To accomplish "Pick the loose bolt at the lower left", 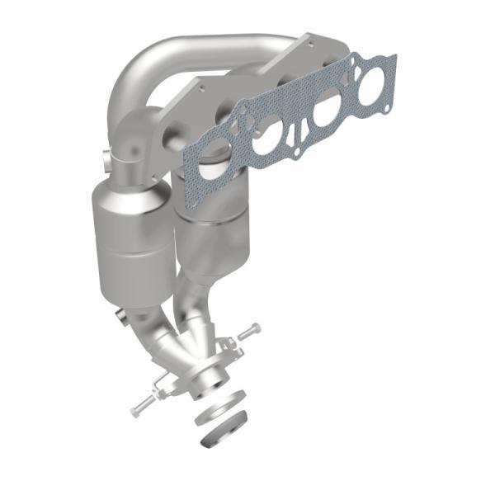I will (x=143, y=403).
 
